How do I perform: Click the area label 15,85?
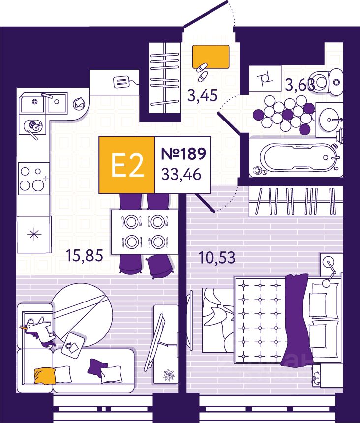tap(84, 256)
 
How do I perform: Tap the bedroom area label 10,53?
tap(217, 257)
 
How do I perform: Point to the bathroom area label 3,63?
tap(300, 86)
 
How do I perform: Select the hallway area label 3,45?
tap(203, 94)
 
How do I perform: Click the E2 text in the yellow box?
tap(127, 165)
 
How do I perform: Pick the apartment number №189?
tap(183, 154)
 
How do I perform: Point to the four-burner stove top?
tap(33, 179)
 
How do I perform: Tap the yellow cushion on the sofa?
tap(43, 376)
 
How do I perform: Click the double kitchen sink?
tap(43, 104)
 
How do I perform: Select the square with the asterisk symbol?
tap(33, 234)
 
